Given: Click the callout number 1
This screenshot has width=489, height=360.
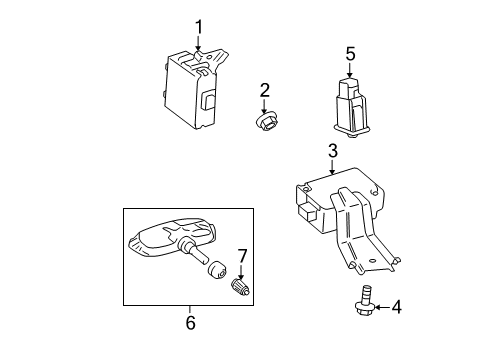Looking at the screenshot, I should coord(198,27).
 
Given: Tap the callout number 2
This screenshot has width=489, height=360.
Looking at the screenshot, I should coord(265,91).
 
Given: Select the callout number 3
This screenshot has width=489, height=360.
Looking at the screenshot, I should coord(331,151).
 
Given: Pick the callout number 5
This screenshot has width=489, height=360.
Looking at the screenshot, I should coord(350,54).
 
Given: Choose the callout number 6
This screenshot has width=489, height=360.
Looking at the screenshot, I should coord(190,322).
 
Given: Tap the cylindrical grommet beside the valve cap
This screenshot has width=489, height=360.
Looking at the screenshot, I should coord(213,271).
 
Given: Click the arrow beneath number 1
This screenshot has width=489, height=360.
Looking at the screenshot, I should coord(198,44).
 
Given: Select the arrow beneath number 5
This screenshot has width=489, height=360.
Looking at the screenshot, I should coord(350,71).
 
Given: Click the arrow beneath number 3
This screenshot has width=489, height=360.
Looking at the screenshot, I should coord(331,168).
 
